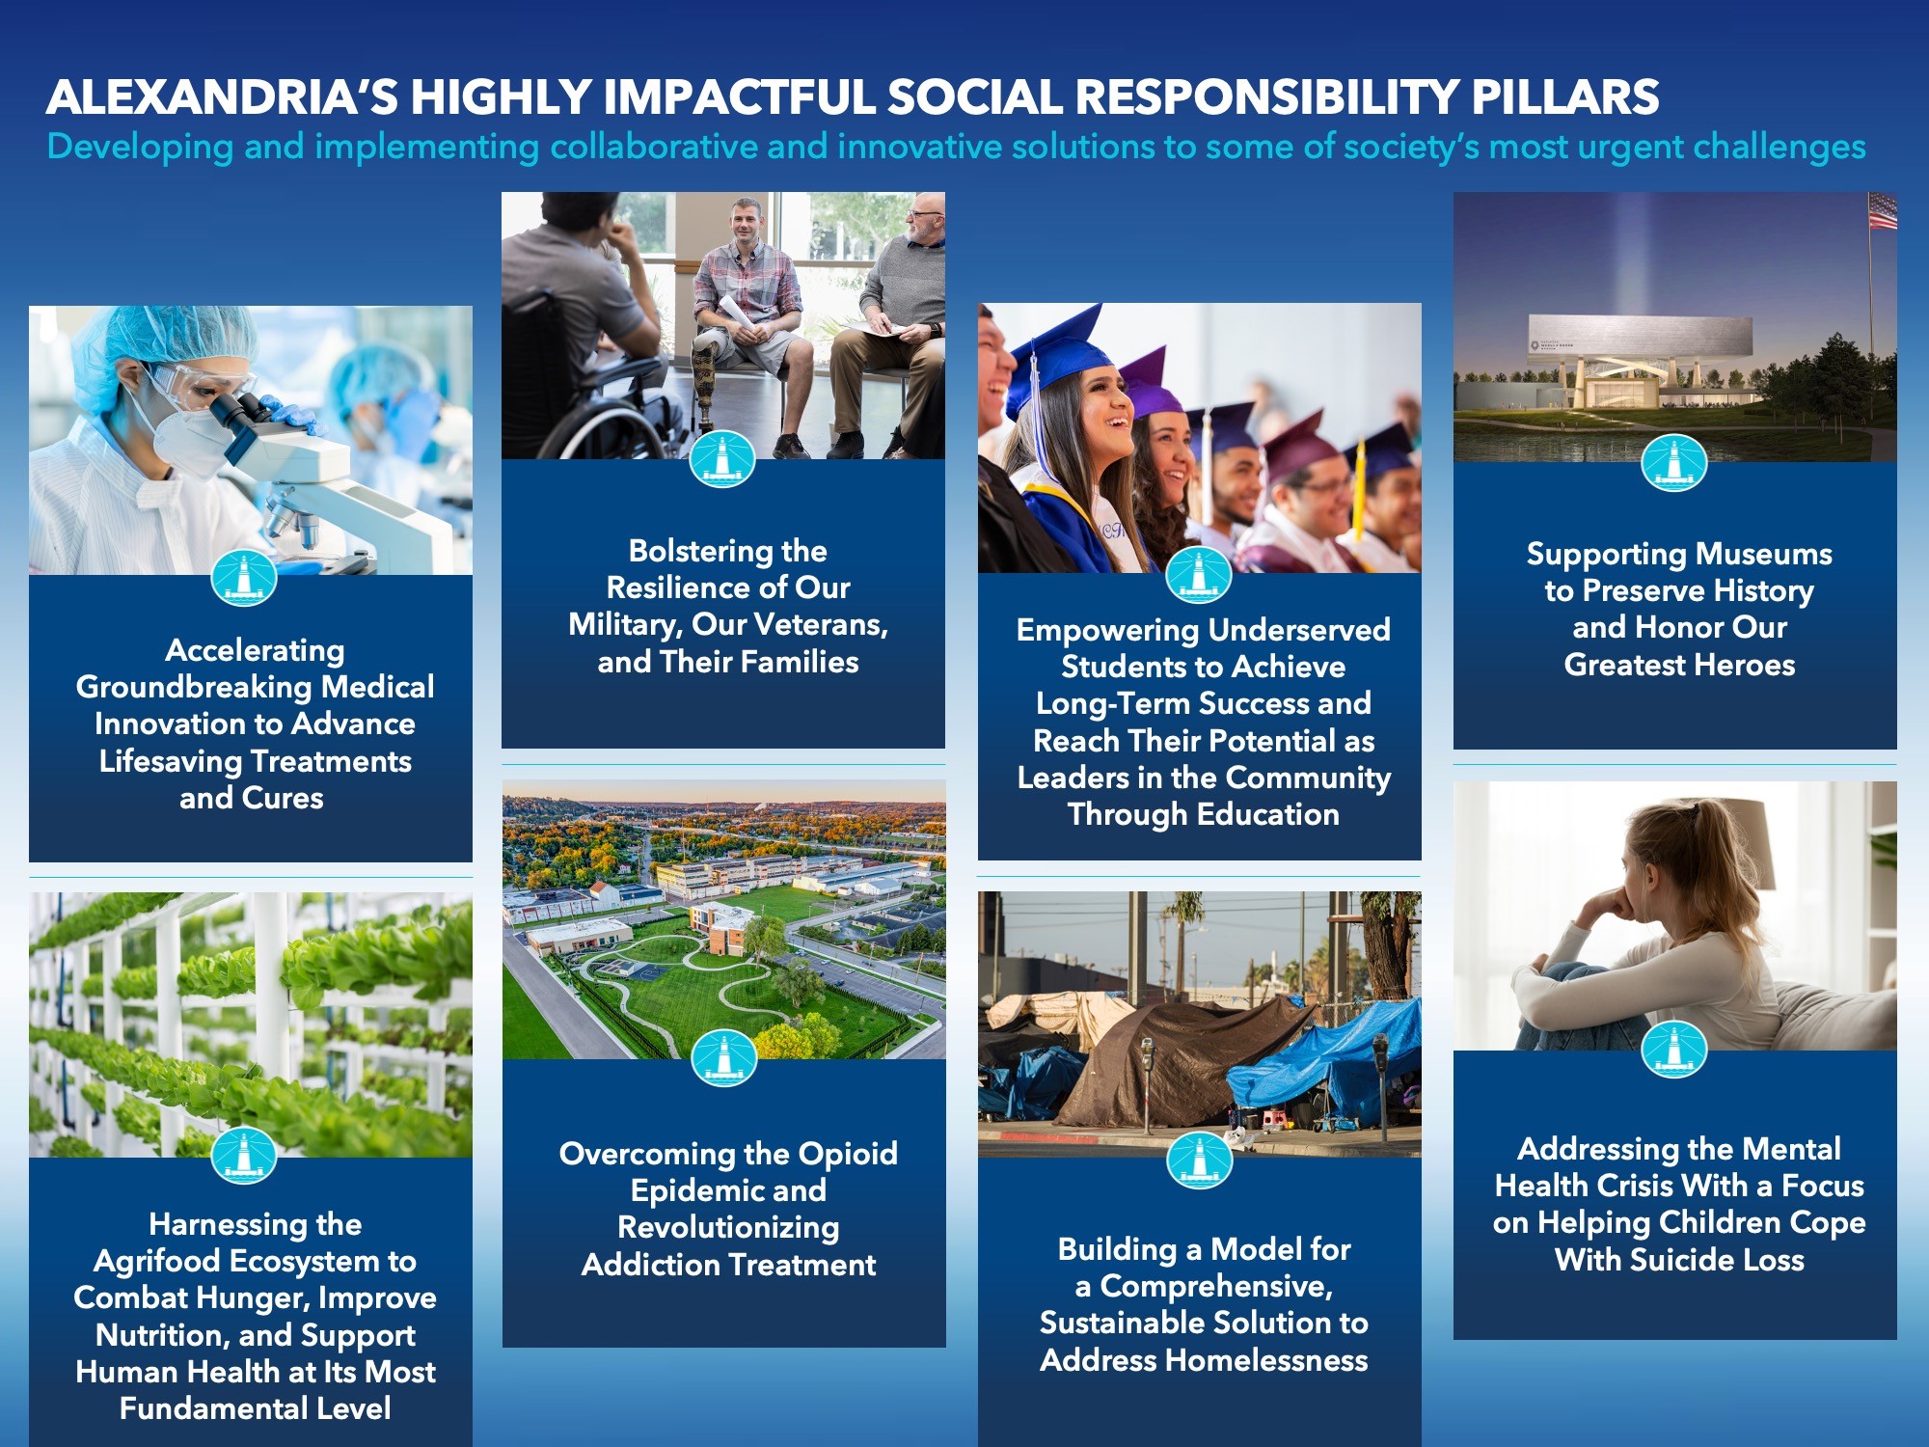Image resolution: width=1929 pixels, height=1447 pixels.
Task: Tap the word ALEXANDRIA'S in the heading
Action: [x=222, y=96]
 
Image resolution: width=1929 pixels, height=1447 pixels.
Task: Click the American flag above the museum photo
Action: [x=1883, y=211]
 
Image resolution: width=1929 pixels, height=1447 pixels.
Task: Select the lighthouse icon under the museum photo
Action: [x=1674, y=462]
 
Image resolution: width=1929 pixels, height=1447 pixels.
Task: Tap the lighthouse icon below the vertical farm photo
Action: [x=244, y=1154]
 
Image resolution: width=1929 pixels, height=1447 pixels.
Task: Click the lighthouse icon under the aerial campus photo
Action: [x=724, y=1057]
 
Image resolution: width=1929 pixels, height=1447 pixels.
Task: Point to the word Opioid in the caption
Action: [x=848, y=1155]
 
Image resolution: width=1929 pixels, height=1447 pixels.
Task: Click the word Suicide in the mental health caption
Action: [x=1684, y=1260]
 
